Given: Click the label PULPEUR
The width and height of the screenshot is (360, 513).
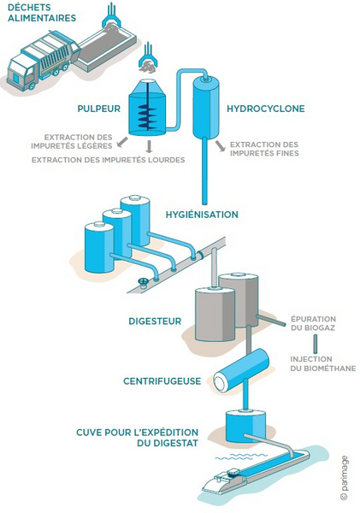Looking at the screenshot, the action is (x=98, y=109).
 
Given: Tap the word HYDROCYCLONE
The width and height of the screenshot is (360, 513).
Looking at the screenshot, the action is (x=266, y=109).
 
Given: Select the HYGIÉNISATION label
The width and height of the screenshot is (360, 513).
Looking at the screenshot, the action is (x=202, y=215).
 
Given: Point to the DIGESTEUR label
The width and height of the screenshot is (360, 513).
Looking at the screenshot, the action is (x=155, y=321).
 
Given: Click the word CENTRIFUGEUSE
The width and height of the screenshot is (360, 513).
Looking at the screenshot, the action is (x=162, y=381).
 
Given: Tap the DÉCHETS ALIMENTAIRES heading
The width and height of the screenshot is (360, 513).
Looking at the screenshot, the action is (x=42, y=13).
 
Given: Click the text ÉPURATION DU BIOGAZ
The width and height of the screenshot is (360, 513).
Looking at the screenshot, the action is (x=313, y=323).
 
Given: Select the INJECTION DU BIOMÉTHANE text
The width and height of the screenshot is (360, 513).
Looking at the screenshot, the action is (x=322, y=364).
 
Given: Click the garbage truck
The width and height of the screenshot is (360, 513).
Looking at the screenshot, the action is (x=43, y=61).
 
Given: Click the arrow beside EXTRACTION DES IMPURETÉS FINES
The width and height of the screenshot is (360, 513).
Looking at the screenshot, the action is (x=221, y=146).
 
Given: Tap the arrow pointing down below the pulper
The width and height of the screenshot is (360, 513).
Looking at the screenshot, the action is (x=150, y=146).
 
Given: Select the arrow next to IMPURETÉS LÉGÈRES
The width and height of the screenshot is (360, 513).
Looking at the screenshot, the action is (x=122, y=142).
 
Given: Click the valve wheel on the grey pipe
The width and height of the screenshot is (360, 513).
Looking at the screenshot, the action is (x=143, y=282).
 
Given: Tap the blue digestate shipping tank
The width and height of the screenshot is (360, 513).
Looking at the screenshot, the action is (x=245, y=425).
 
